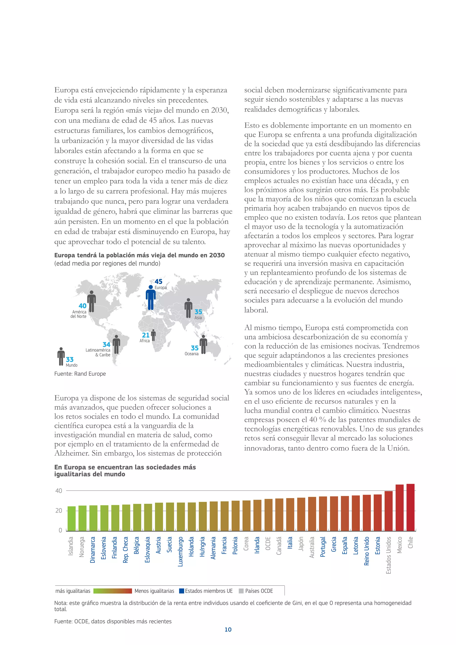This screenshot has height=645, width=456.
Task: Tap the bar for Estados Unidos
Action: tap(388, 511)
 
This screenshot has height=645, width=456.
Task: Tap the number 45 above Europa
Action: tap(158, 282)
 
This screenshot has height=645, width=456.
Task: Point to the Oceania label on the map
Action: tap(191, 354)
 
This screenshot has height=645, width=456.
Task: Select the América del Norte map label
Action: tap(79, 314)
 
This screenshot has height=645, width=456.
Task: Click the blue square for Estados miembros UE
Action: tap(181, 591)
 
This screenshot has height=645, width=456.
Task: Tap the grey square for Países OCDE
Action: tap(241, 591)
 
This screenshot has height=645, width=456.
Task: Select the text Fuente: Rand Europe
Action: tap(80, 374)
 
